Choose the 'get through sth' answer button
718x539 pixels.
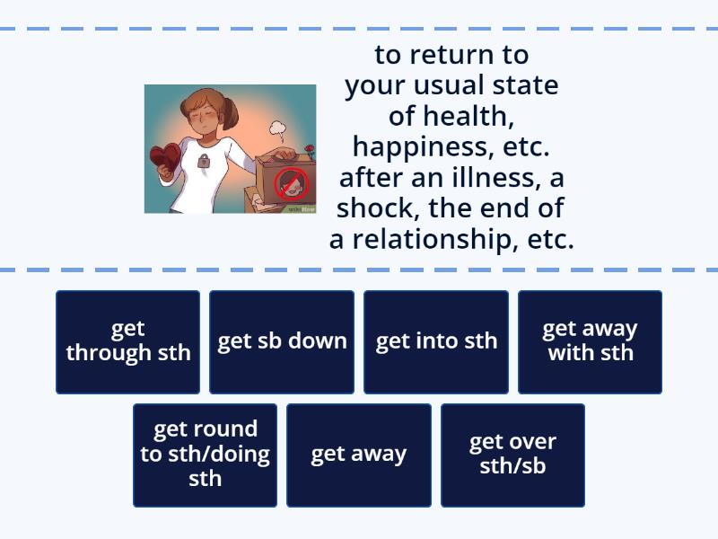(x=127, y=341)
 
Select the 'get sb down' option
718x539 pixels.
(x=282, y=341)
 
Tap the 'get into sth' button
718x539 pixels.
(x=436, y=341)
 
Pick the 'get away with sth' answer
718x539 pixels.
(x=591, y=341)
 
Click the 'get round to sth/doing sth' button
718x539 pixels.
(x=205, y=455)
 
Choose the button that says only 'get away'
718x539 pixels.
(x=359, y=455)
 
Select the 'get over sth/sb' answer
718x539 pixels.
(x=512, y=455)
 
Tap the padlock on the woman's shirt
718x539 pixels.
(x=203, y=163)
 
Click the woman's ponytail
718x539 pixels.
(x=232, y=112)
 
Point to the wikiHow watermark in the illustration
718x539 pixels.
(x=302, y=209)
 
